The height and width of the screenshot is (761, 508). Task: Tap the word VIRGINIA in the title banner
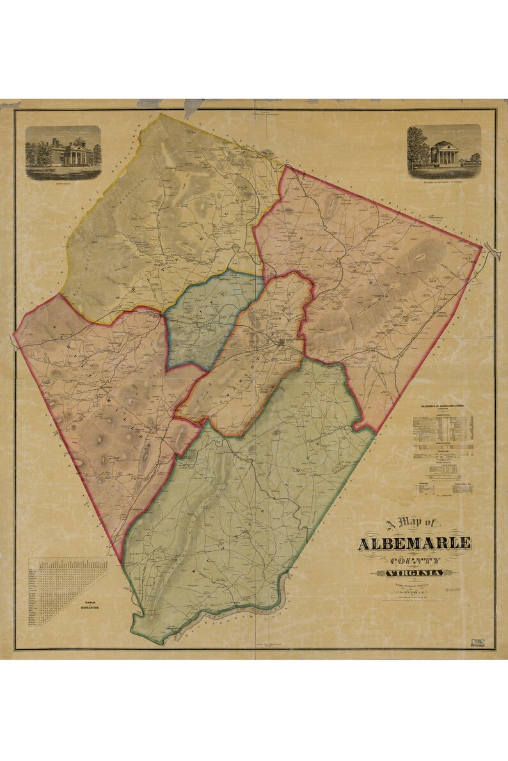tap(415, 573)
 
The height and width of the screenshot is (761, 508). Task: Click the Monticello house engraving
tap(63, 151)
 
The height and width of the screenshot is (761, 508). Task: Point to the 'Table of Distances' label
tap(85, 604)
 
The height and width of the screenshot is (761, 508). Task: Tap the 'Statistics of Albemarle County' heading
tap(443, 406)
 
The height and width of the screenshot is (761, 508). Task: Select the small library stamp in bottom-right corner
tap(477, 642)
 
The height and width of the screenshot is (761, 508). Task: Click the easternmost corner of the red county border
tap(480, 246)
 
